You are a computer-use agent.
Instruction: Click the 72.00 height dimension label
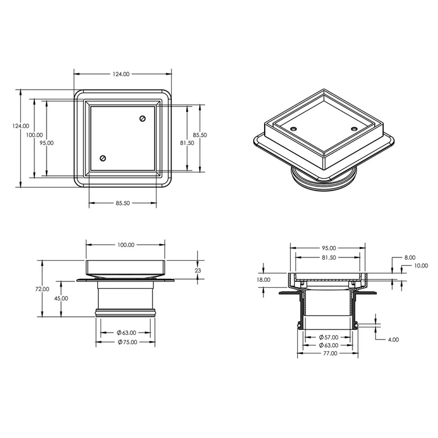(42, 289)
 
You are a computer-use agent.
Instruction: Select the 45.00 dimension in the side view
(61, 298)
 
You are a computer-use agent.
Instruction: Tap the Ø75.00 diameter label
(127, 342)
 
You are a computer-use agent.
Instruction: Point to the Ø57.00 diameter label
(328, 337)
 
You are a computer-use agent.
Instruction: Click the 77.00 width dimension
(330, 354)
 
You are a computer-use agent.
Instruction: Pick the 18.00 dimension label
(263, 280)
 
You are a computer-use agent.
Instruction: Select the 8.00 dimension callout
(410, 257)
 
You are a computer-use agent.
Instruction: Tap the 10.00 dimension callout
(421, 266)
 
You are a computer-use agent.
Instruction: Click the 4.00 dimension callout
(393, 340)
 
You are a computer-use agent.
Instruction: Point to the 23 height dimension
(198, 271)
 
